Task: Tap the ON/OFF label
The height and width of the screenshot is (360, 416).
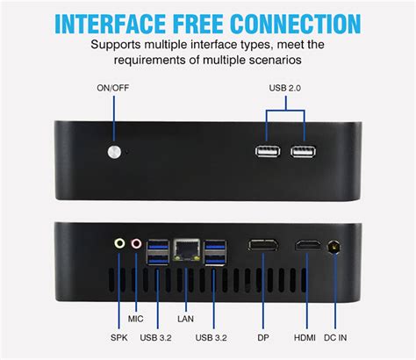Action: (x=114, y=89)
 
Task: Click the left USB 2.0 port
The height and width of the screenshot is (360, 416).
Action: (x=269, y=152)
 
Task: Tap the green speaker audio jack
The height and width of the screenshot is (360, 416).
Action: (x=119, y=246)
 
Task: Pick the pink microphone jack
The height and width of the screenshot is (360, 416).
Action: (x=136, y=246)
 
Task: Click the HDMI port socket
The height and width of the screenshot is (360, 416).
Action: (x=307, y=247)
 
